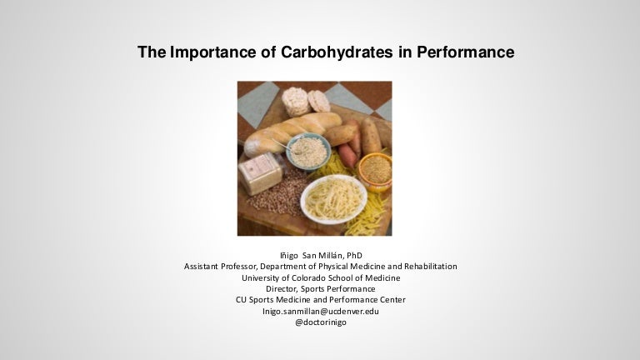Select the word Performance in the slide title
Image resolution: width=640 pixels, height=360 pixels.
point(465,52)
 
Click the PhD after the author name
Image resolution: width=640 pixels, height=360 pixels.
point(354,256)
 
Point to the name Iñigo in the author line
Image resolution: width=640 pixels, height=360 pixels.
point(289,256)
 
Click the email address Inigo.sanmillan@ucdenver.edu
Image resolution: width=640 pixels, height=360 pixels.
point(320,311)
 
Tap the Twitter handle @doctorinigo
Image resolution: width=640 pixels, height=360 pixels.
point(320,322)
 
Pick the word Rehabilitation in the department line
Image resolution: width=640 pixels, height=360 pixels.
point(431,267)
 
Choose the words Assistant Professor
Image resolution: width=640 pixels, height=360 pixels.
point(220,267)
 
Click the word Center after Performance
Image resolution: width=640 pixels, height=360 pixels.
point(392,300)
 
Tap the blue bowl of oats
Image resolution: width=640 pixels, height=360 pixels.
point(308,152)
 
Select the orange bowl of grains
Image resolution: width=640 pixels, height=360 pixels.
point(376,172)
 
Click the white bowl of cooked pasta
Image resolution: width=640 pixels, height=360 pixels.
point(333,200)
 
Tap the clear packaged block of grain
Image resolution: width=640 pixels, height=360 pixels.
point(260,172)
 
